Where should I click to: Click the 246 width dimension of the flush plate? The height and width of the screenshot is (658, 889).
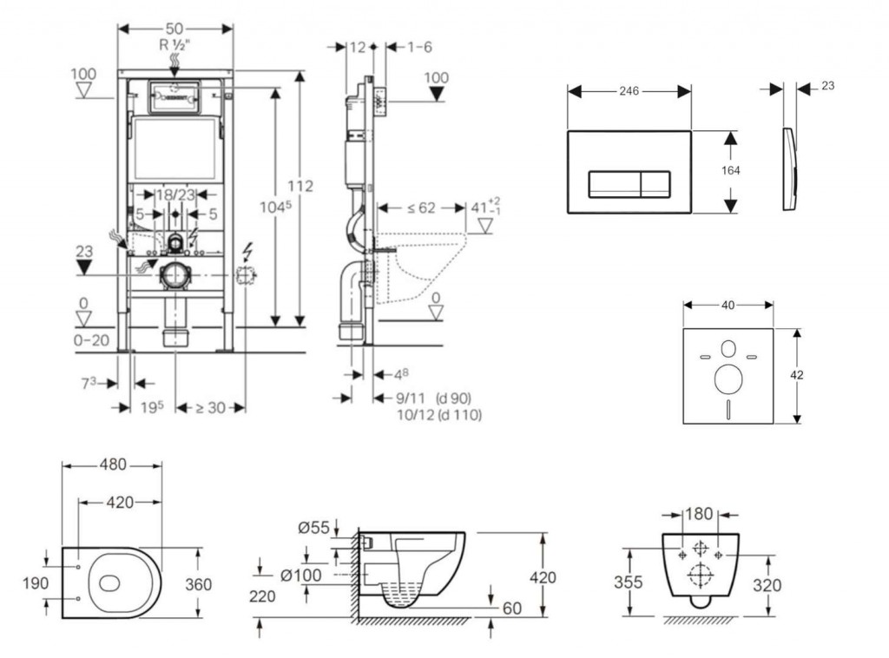[629, 91]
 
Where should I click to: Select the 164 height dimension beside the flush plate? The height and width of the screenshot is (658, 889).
[731, 171]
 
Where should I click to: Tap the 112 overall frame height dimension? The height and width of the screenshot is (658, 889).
[300, 186]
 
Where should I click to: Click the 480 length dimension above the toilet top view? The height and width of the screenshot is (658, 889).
[111, 465]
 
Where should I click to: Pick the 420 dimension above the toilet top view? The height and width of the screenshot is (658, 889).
[120, 503]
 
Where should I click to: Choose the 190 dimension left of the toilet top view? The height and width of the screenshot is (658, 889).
[36, 583]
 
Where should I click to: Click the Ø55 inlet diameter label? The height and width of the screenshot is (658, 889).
[314, 527]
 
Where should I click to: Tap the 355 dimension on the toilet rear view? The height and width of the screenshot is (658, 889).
[628, 582]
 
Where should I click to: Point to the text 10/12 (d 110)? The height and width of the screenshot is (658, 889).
[438, 416]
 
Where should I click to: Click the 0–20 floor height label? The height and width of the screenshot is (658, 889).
[92, 340]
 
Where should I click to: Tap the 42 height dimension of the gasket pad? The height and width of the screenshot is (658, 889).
[797, 375]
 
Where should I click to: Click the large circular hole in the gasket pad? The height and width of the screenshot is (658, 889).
[728, 378]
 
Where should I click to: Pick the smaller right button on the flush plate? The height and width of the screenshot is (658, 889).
[655, 183]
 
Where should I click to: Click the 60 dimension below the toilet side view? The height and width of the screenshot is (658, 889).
[511, 609]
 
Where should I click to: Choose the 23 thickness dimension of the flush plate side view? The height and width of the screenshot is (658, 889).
[826, 86]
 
